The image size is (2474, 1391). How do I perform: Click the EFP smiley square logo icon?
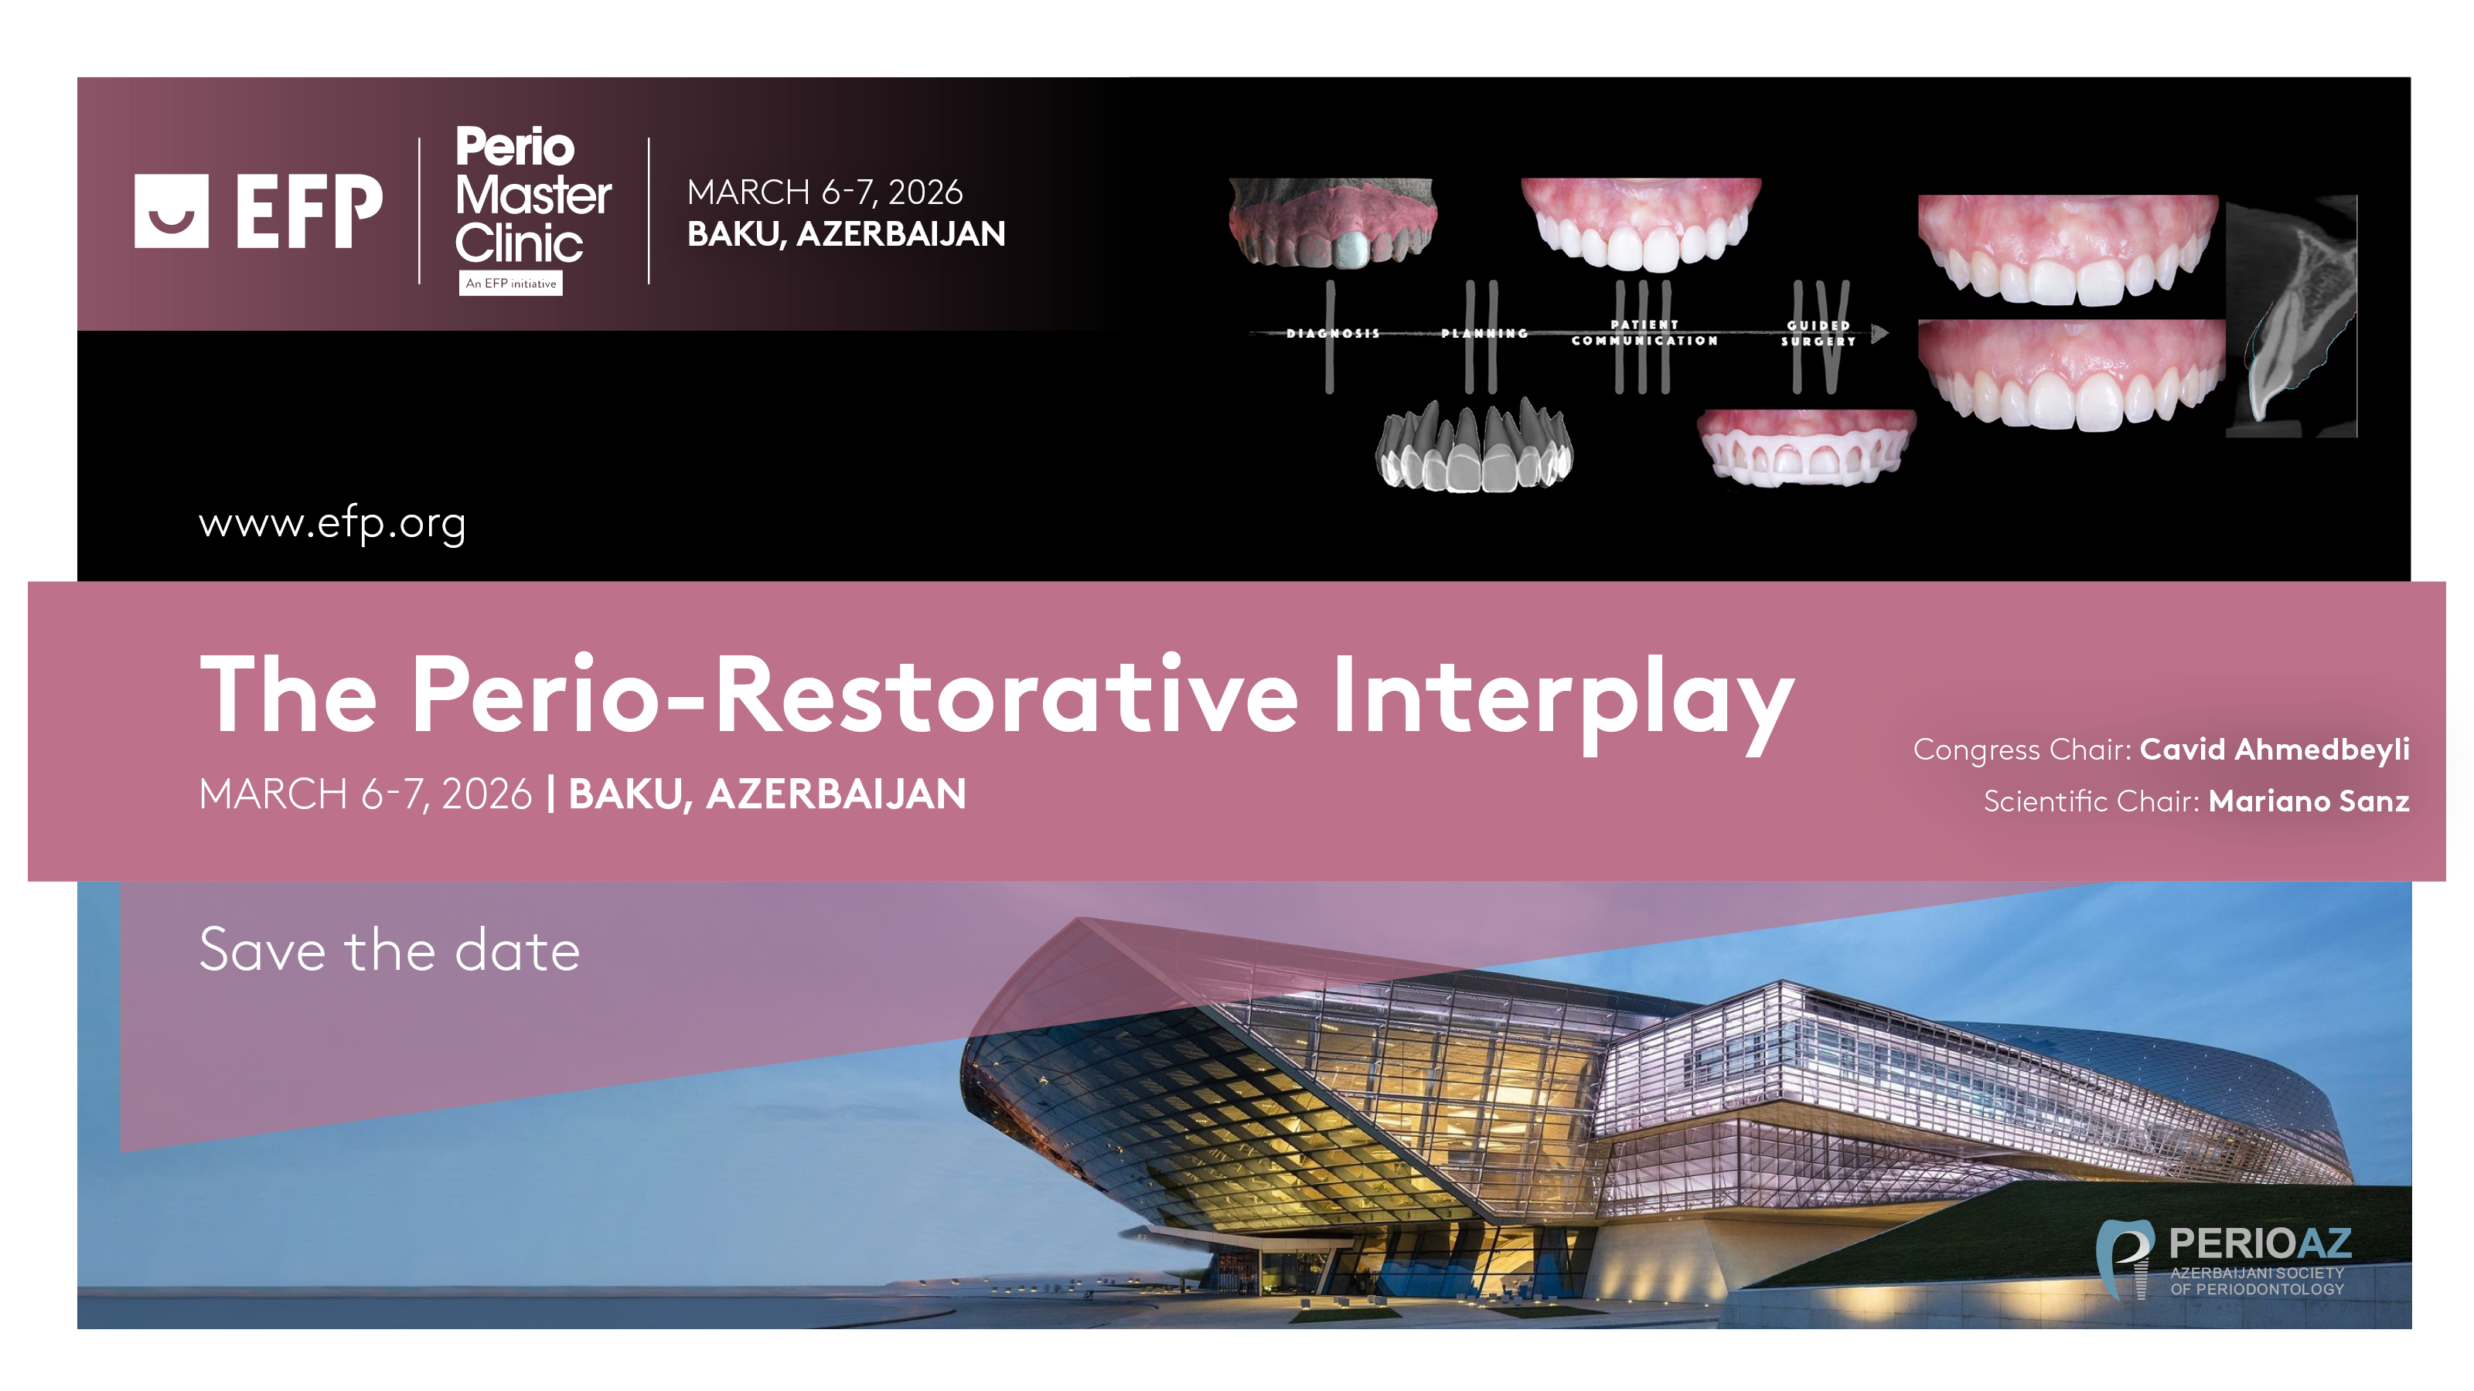171,210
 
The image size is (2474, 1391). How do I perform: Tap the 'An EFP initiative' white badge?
511,283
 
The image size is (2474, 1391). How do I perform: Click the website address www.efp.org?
332,524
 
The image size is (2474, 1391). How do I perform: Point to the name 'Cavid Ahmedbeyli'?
2275,749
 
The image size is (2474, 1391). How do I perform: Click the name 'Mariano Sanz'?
2309,801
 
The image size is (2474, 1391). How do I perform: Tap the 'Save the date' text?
390,951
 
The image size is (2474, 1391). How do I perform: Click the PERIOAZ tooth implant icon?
2125,1259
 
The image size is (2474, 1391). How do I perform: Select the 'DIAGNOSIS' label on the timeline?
1333,333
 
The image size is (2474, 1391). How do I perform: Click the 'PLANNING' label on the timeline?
1484,333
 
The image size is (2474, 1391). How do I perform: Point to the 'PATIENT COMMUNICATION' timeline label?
1644,333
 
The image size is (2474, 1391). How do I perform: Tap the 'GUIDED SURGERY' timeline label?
1818,333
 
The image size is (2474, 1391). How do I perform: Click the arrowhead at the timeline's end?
1880,333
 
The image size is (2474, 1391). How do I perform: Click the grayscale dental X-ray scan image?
2292,316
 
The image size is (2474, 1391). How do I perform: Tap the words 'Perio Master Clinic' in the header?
532,195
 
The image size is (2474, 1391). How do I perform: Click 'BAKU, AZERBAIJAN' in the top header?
846,234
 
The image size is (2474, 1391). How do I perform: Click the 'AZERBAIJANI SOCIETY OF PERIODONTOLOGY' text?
2257,1281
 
